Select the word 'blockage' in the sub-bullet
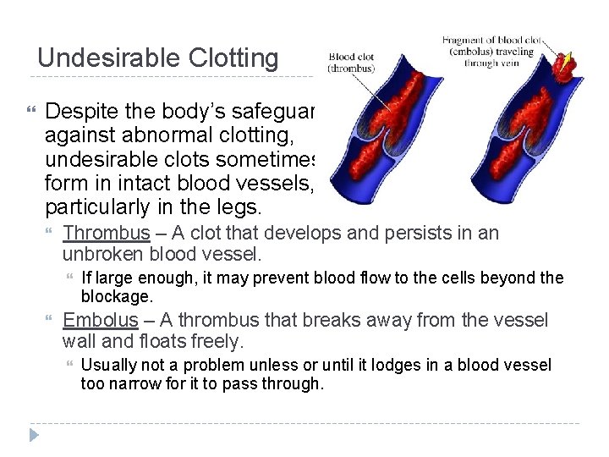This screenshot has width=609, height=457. (116, 297)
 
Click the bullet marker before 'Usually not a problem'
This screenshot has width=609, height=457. (69, 366)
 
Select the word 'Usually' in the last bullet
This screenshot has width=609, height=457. (107, 365)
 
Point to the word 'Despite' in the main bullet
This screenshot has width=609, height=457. (82, 110)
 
